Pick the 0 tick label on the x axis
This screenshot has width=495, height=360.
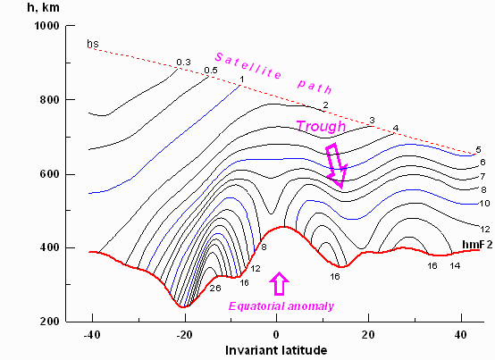click(276, 334)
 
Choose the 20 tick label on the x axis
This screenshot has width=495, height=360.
click(369, 334)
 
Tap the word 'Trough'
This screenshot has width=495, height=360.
click(320, 127)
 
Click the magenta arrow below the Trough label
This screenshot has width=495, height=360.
click(336, 164)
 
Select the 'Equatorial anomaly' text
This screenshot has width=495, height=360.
click(281, 306)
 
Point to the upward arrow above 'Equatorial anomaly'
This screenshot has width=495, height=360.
click(280, 284)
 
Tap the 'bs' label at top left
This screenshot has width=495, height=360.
click(92, 43)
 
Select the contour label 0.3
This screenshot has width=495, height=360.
click(183, 62)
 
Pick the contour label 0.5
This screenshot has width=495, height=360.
click(211, 71)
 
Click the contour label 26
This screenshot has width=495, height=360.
click(214, 289)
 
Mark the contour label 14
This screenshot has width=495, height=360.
click(455, 265)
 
